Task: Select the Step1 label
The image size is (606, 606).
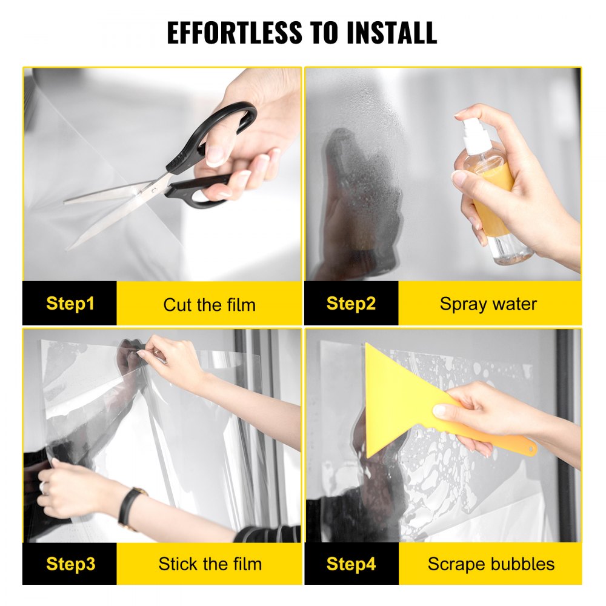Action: [x=70, y=304]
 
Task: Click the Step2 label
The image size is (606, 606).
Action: [x=351, y=304]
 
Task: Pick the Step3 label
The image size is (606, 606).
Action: [x=70, y=564]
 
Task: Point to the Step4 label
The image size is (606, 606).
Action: [x=351, y=564]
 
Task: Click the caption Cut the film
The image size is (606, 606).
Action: [x=209, y=304]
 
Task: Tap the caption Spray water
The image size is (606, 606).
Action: [x=488, y=304]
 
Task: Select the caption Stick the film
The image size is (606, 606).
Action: [x=210, y=564]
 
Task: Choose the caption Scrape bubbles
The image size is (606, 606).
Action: [x=491, y=564]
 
